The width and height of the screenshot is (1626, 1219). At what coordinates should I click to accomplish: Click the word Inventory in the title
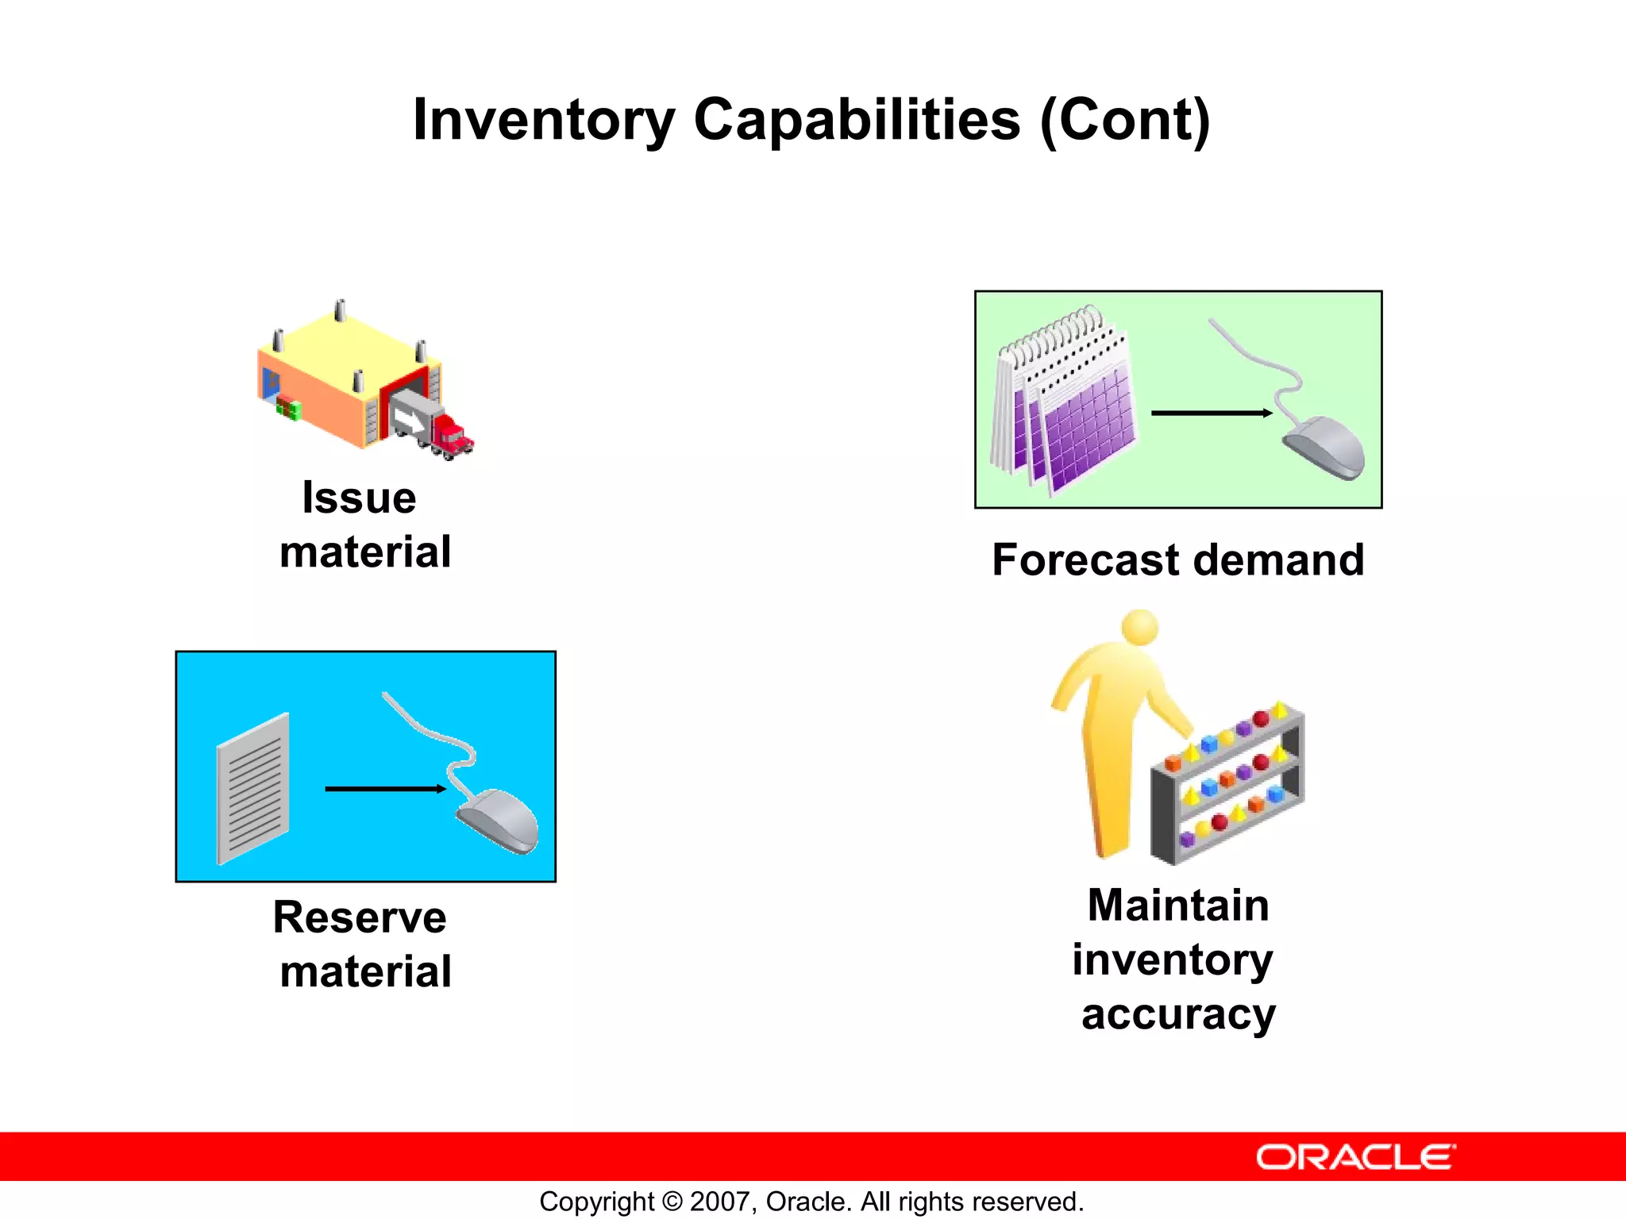click(x=543, y=121)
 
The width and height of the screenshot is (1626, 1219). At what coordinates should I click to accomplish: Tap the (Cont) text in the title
click(x=1124, y=121)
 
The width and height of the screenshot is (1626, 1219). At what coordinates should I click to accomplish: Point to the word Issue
click(x=359, y=498)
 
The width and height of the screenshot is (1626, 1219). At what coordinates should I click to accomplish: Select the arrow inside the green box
click(x=1211, y=413)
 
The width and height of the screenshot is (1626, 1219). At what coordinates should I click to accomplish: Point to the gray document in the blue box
click(x=253, y=789)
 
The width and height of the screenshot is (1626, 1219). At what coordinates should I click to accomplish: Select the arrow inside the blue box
click(x=385, y=789)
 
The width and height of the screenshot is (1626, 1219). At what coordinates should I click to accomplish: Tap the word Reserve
click(x=359, y=918)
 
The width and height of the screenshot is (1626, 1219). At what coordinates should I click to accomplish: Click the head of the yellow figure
click(x=1140, y=627)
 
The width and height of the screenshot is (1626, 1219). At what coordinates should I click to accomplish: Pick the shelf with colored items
click(x=1227, y=786)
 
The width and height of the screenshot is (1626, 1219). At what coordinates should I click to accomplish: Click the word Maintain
click(x=1178, y=906)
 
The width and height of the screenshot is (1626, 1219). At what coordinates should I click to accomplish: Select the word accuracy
click(x=1178, y=1015)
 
